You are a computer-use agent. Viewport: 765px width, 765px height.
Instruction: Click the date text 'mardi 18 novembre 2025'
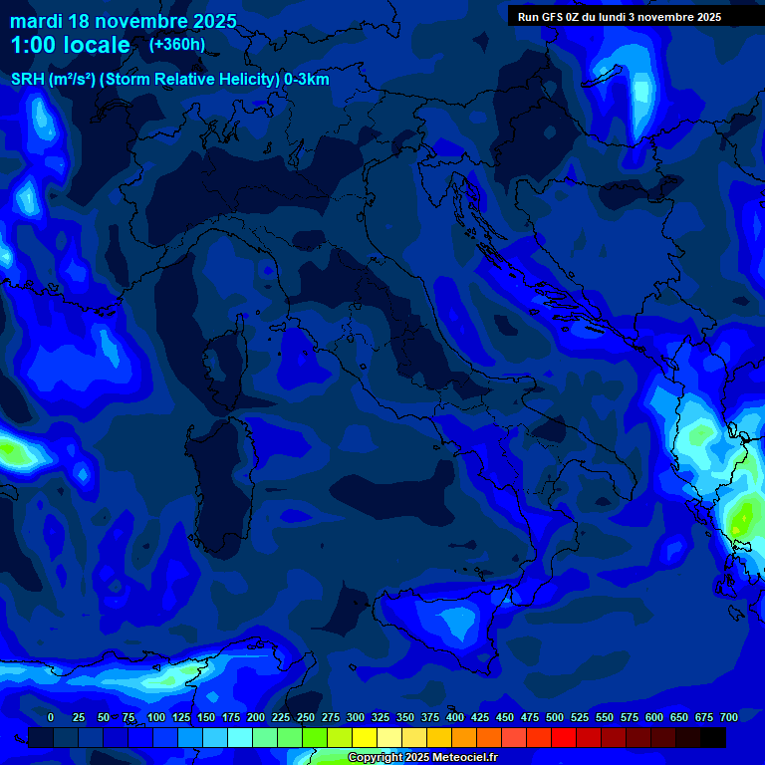pyautogui.click(x=123, y=21)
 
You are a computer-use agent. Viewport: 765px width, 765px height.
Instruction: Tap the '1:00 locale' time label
pyautogui.click(x=70, y=45)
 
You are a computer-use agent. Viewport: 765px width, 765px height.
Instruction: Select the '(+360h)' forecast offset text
pyautogui.click(x=177, y=44)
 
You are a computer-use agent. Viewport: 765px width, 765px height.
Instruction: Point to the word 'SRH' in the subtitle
pyautogui.click(x=28, y=80)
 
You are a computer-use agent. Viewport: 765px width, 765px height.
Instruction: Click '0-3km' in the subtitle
pyautogui.click(x=306, y=80)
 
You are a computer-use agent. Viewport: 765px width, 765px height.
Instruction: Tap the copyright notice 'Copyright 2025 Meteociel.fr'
pyautogui.click(x=422, y=758)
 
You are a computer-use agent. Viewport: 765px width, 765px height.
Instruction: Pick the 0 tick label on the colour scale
pyautogui.click(x=51, y=717)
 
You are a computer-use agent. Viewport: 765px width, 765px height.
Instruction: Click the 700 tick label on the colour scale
pyautogui.click(x=728, y=717)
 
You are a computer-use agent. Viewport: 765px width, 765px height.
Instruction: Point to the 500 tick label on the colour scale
pyautogui.click(x=529, y=717)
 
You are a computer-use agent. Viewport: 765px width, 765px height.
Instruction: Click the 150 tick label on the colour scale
pyautogui.click(x=180, y=717)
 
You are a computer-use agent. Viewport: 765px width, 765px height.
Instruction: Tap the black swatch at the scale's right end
pyautogui.click(x=713, y=737)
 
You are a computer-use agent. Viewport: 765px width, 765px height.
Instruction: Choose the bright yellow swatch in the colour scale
pyautogui.click(x=365, y=737)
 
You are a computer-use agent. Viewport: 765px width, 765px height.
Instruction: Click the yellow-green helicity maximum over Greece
pyautogui.click(x=742, y=516)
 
